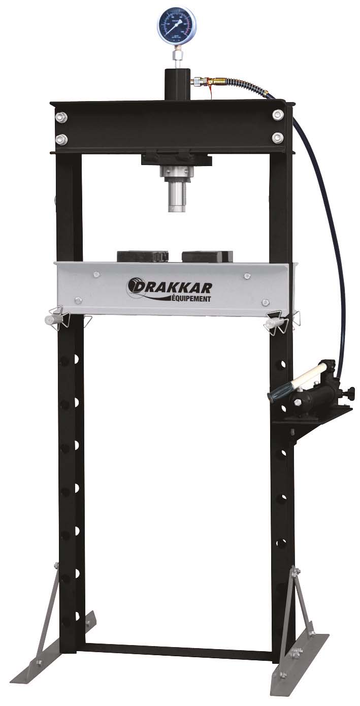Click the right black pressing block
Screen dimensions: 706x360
coord(207,256)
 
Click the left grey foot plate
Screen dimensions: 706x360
coord(60,655)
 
